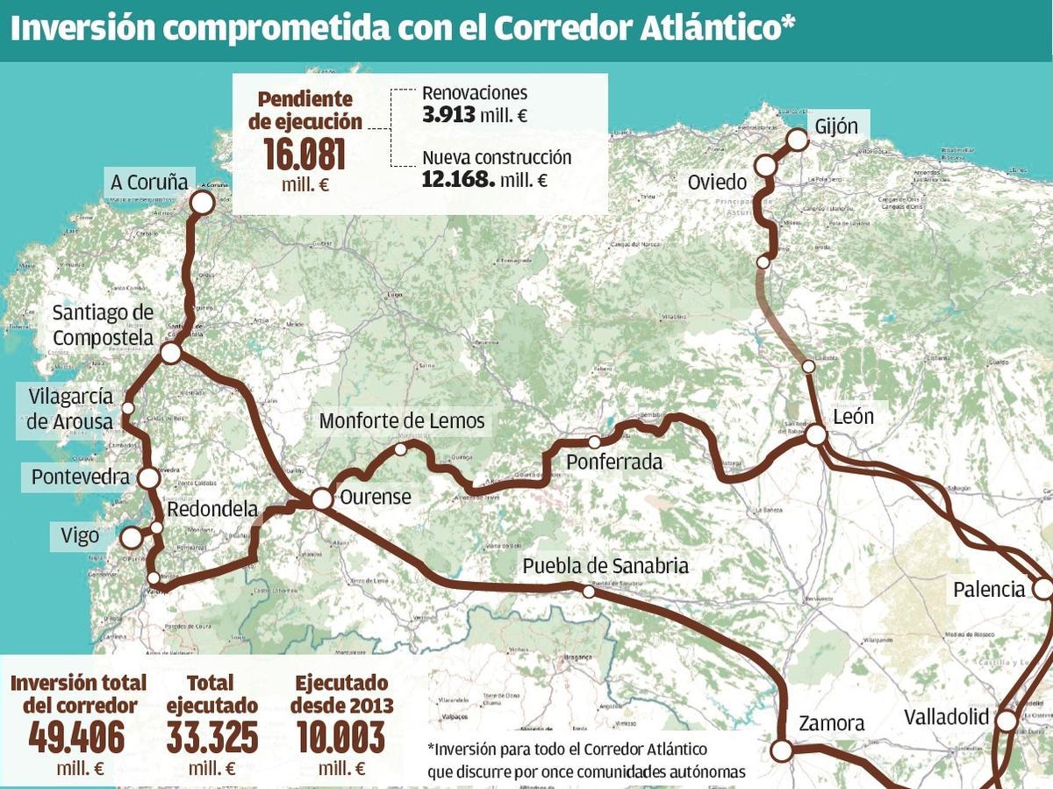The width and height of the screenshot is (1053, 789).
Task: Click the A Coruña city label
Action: (x=149, y=183)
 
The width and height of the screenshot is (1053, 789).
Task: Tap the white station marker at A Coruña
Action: (x=202, y=203)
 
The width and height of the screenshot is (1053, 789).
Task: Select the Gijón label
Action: (x=835, y=126)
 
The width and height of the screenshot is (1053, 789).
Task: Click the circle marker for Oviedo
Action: (x=766, y=165)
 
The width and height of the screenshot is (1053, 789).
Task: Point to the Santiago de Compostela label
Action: (x=103, y=325)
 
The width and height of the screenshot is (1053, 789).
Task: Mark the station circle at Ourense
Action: (x=322, y=499)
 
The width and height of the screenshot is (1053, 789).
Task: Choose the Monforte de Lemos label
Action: (x=401, y=421)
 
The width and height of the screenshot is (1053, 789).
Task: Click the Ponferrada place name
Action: (x=614, y=462)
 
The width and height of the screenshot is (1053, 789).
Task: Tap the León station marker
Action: (x=816, y=434)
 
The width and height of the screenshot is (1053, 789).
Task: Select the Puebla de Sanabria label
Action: (x=605, y=566)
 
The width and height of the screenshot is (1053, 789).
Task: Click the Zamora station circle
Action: (x=780, y=750)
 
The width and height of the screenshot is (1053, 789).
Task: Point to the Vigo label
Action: (x=80, y=535)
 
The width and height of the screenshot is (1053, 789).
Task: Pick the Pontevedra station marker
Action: (x=148, y=477)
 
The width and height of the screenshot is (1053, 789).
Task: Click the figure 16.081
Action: (x=304, y=156)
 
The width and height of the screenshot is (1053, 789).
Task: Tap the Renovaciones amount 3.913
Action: (x=448, y=114)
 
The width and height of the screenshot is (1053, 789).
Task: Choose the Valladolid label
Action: (x=946, y=717)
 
